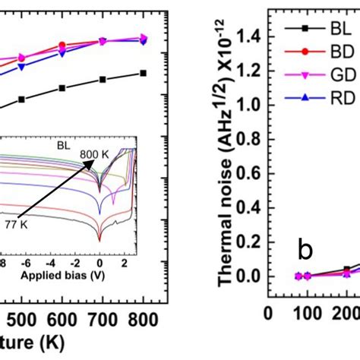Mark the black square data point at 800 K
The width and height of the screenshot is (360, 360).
tap(144, 73)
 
